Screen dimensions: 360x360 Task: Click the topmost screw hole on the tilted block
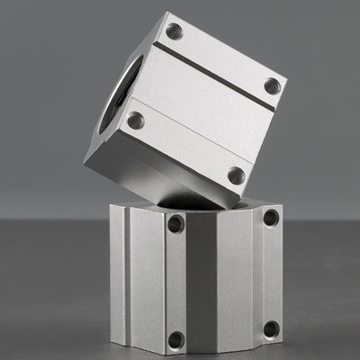coord(174,31)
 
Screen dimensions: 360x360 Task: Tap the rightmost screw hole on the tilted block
coord(272,87)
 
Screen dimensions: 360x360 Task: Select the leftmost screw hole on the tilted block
coord(136,120)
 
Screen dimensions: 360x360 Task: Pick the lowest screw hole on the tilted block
coord(236,175)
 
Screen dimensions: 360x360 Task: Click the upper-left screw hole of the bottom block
coord(175,223)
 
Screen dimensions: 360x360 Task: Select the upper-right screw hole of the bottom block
coord(270,217)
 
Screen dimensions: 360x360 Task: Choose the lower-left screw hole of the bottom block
coord(176,339)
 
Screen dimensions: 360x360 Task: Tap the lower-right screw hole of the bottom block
coord(271,328)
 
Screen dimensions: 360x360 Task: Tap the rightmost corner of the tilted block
coord(287,81)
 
